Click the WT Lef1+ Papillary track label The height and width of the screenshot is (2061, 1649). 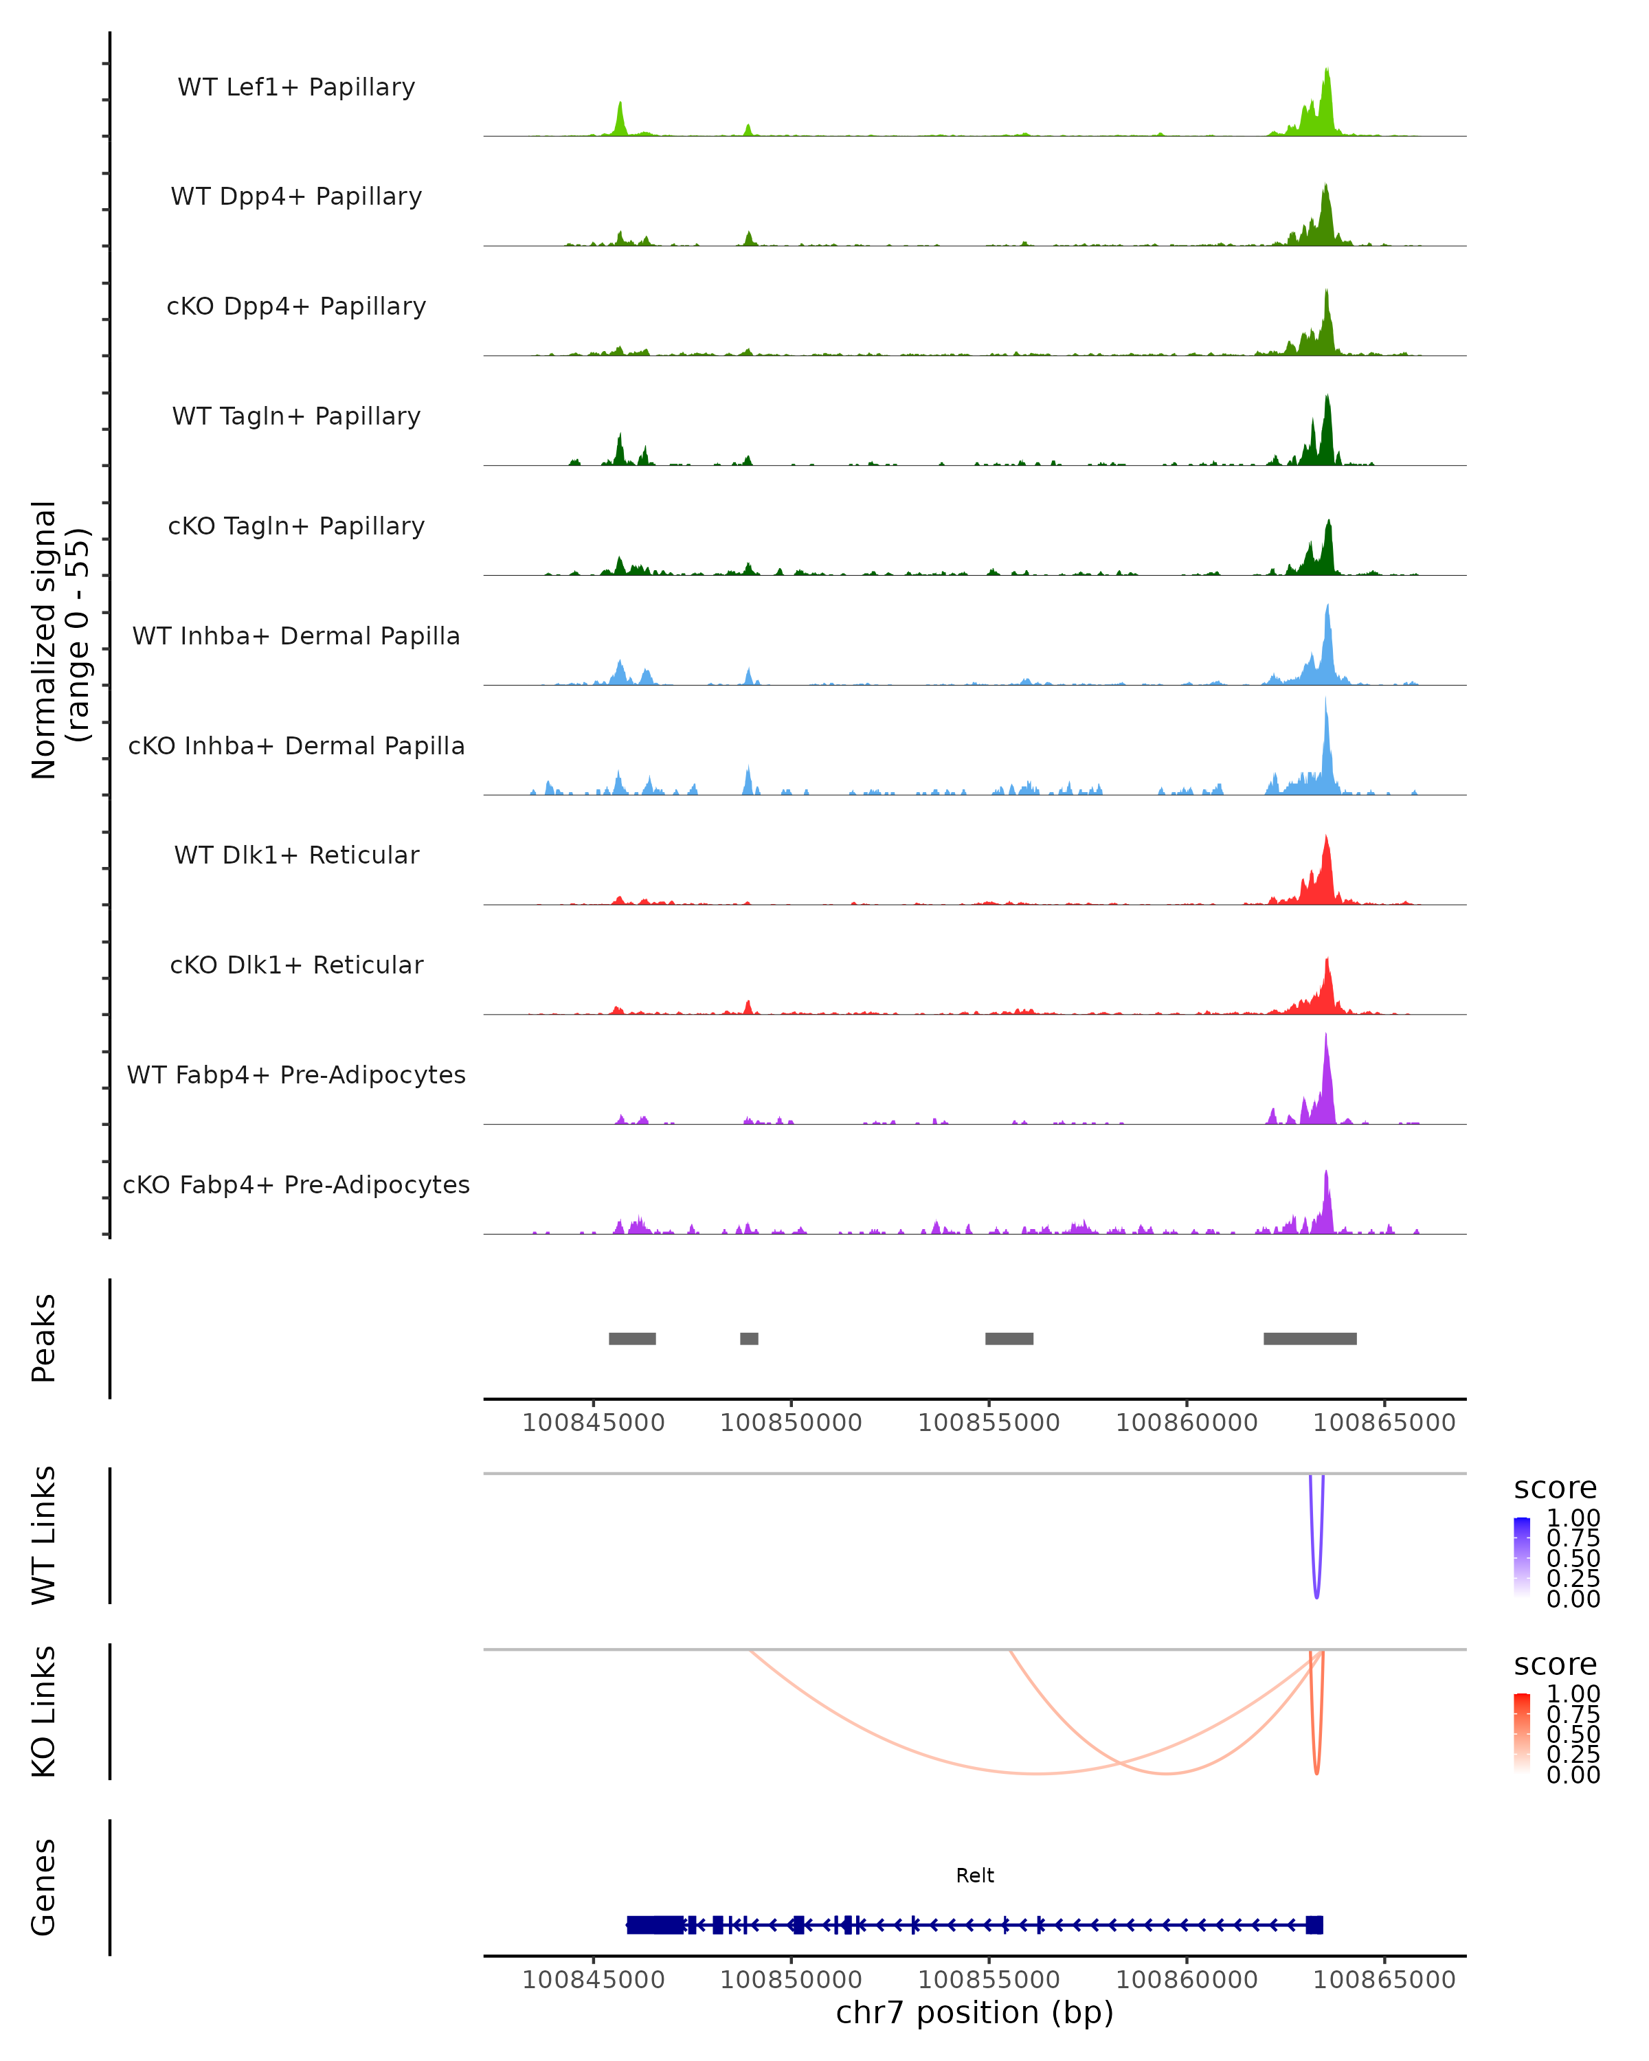296,87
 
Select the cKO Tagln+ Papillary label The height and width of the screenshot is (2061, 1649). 296,526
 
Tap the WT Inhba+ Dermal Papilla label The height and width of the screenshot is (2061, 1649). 296,635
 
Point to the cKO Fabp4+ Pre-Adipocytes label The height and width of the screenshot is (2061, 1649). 296,1184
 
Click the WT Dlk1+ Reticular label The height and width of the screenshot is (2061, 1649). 296,855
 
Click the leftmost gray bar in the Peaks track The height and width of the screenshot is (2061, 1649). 632,1338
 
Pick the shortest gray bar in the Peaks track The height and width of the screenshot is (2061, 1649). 748,1338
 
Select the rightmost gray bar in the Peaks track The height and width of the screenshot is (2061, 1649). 1309,1338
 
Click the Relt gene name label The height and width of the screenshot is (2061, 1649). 974,1876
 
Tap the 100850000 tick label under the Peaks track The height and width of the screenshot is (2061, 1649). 791,1423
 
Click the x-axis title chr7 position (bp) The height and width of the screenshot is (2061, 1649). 974,2013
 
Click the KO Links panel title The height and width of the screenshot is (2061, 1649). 44,1711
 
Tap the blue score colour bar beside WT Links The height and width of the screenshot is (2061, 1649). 1522,1556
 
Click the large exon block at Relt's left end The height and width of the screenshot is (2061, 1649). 655,1924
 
